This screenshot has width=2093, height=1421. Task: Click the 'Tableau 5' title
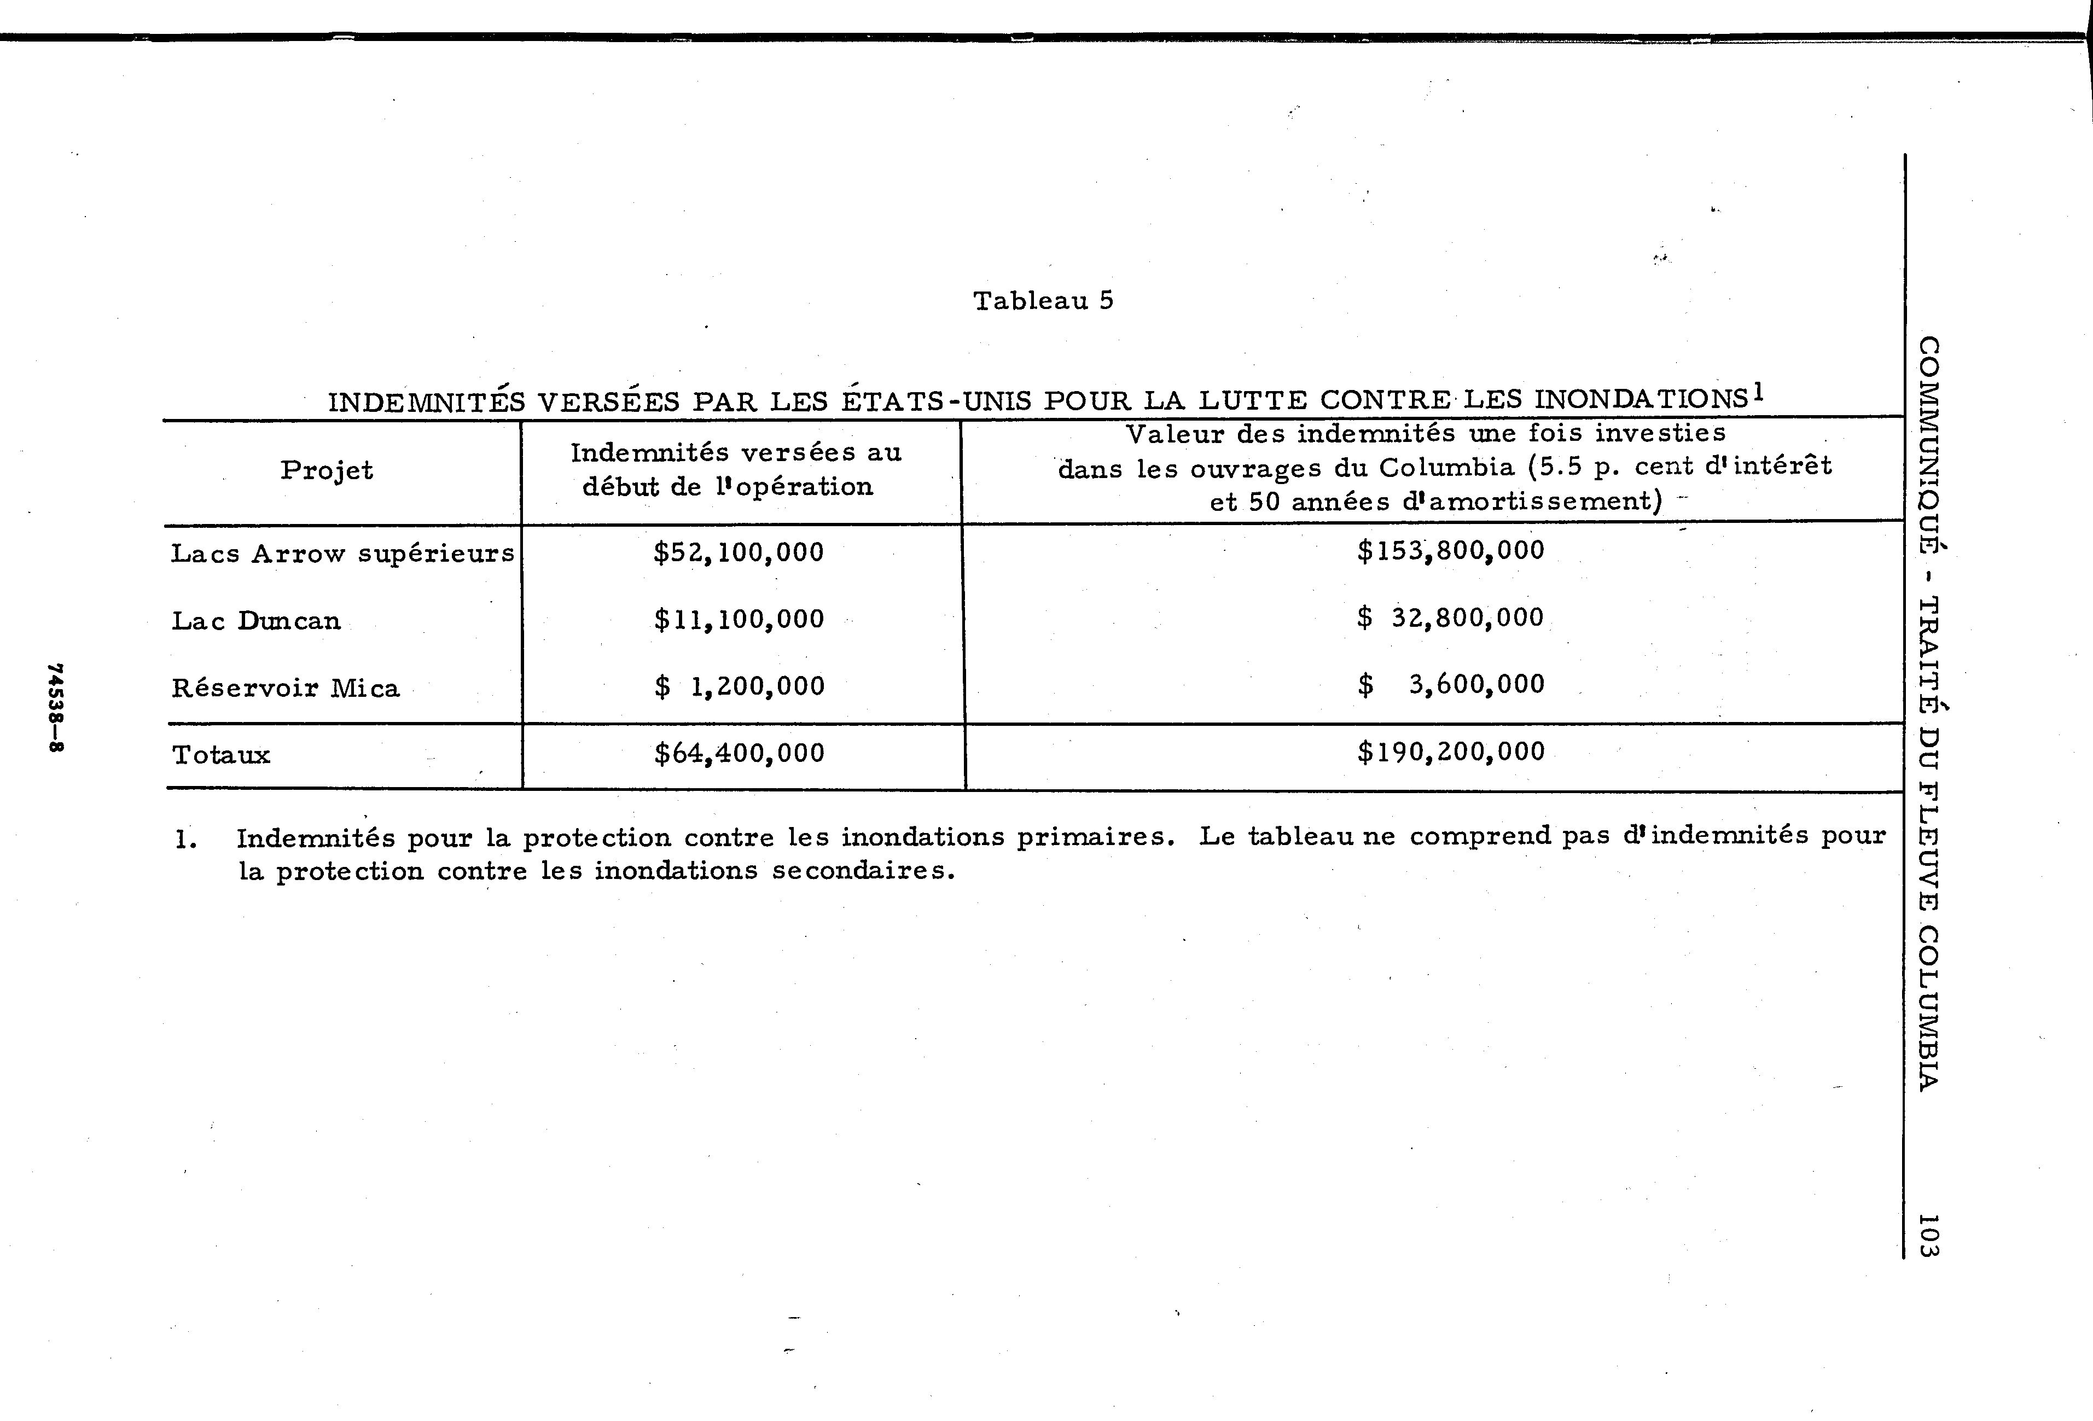1043,301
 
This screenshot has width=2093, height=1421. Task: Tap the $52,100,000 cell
739,552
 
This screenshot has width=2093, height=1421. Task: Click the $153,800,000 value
1450,550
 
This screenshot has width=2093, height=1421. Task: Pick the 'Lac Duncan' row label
256,620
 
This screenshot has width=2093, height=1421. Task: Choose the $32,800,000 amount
1450,618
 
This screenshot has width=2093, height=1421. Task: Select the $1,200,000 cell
739,686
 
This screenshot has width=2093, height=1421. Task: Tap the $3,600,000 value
1450,684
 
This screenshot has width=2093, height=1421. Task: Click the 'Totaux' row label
220,755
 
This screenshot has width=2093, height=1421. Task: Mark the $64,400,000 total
739,753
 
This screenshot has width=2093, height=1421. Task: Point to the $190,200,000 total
1450,751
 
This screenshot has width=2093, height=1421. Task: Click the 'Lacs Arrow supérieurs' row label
342,553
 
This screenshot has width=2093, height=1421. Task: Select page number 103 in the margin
1928,1234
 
